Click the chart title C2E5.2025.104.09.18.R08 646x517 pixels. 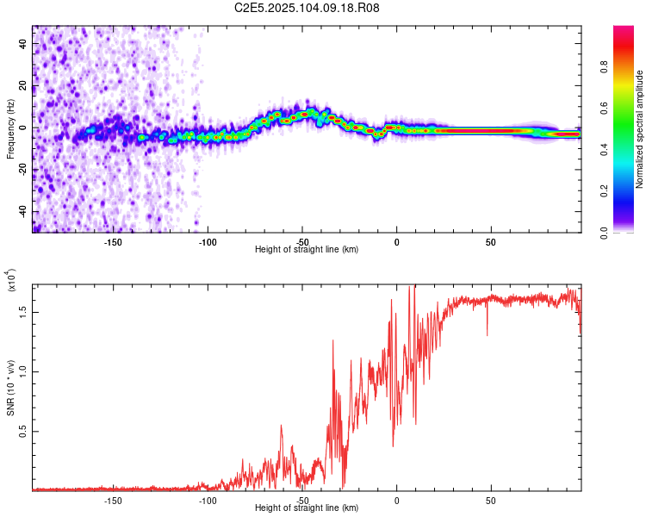coord(307,9)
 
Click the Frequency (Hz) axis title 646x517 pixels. coord(10,129)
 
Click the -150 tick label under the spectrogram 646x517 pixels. coord(113,242)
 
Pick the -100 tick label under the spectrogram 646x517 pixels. coord(208,242)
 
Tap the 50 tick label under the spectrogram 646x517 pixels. coord(491,242)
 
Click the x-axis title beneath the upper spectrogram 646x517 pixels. coord(307,250)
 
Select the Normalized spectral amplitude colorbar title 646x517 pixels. coord(640,129)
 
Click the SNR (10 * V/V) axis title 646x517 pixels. coord(10,388)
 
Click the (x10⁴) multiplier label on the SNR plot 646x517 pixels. coord(12,281)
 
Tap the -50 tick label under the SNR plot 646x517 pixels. coord(302,501)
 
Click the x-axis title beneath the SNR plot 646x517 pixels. coord(307,508)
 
